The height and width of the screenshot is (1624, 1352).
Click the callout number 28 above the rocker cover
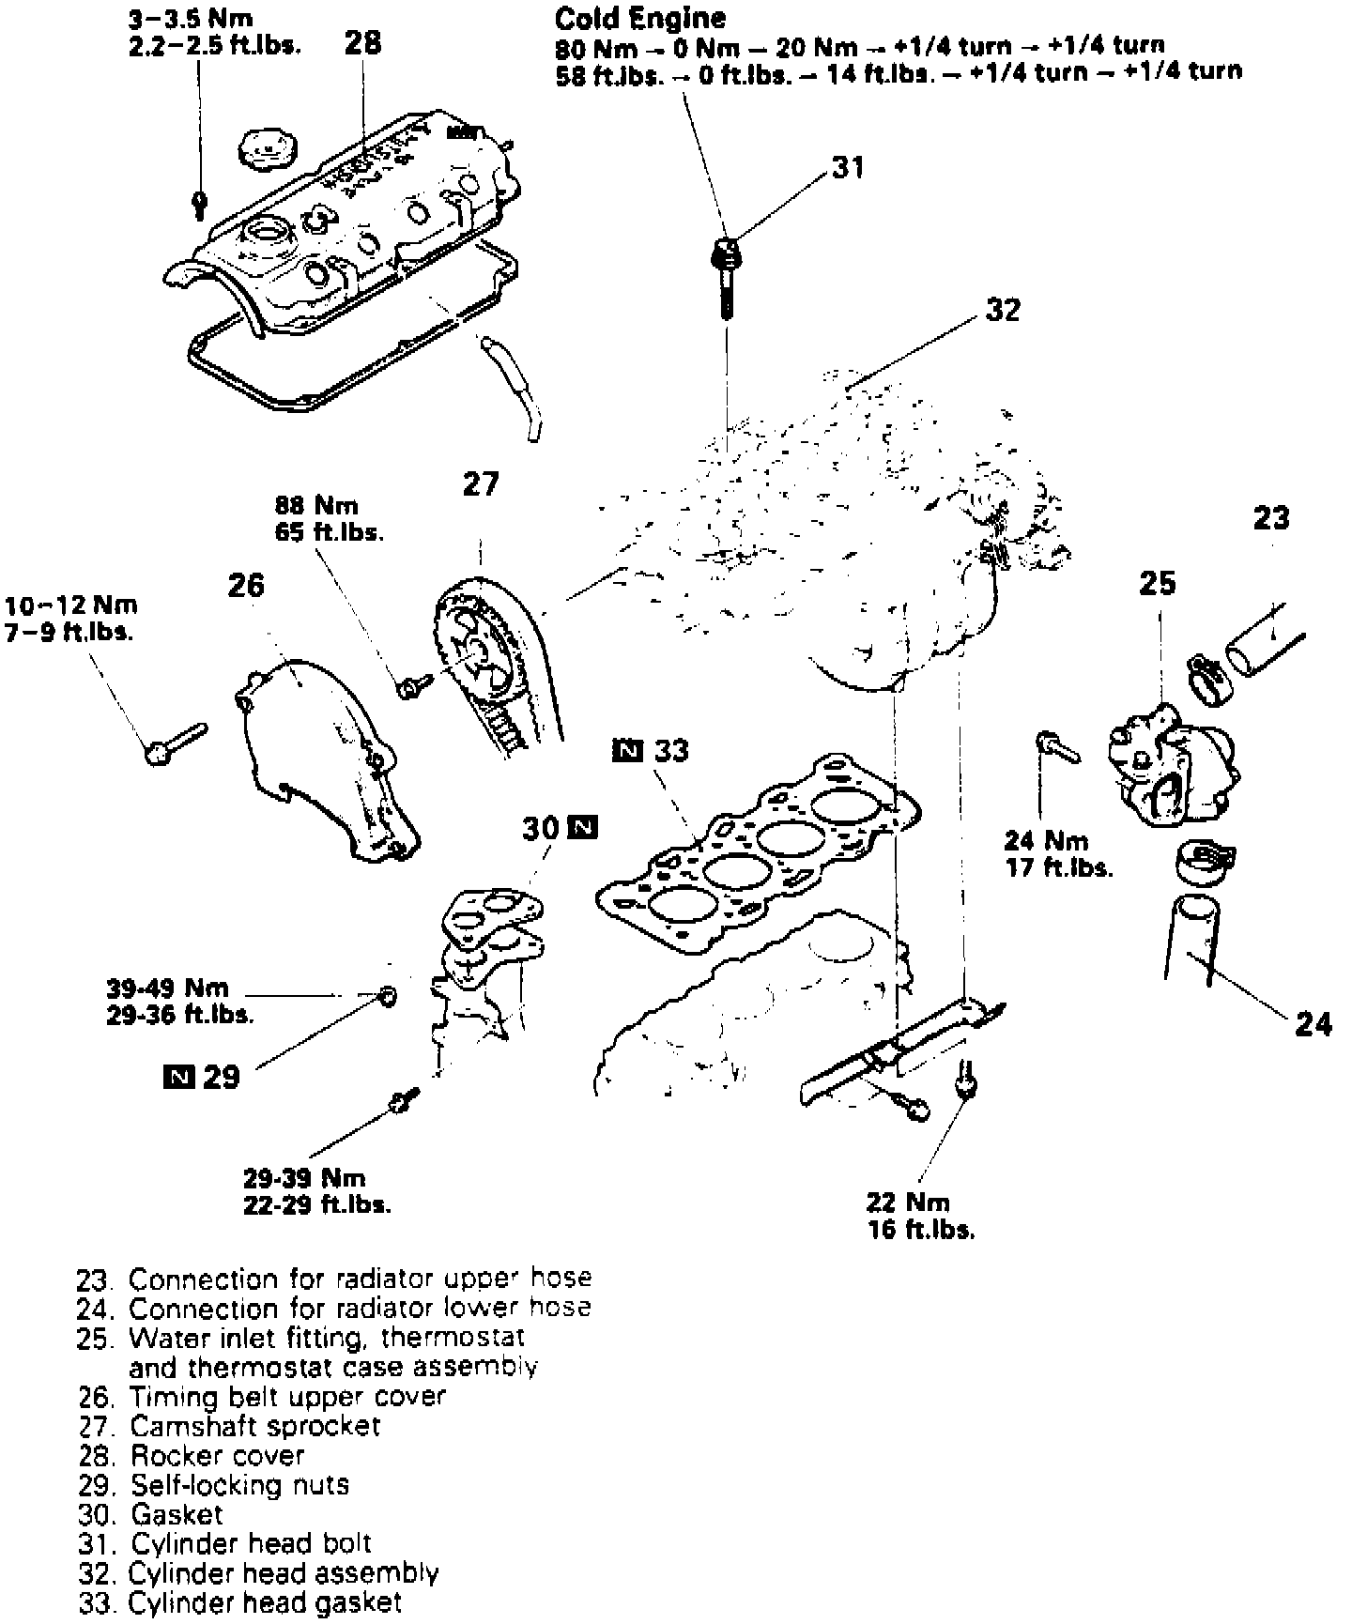pos(363,43)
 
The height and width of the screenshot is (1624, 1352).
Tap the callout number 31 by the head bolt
pos(848,168)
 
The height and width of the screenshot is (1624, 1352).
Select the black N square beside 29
pos(177,1076)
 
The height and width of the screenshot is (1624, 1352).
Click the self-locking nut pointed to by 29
pos(387,995)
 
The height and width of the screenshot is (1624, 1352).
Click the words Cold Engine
pos(640,18)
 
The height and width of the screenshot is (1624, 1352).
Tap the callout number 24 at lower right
pos(1313,1024)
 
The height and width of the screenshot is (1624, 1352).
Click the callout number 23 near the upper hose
pos(1271,518)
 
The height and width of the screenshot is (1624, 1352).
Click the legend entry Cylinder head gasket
pos(239,1601)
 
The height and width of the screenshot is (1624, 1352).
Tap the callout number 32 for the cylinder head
pos(1003,310)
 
